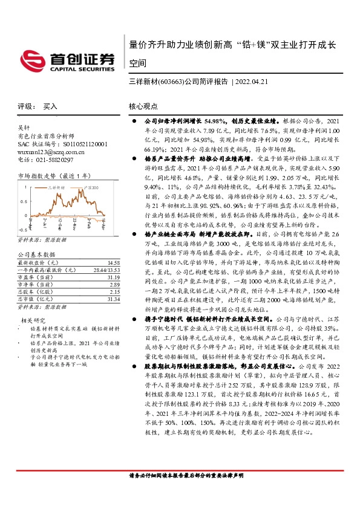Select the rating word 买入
click(x=50, y=106)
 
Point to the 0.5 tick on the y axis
click(x=24, y=201)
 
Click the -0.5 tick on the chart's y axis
click(x=22, y=230)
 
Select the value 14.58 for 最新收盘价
click(x=113, y=263)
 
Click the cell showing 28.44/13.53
click(x=106, y=270)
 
